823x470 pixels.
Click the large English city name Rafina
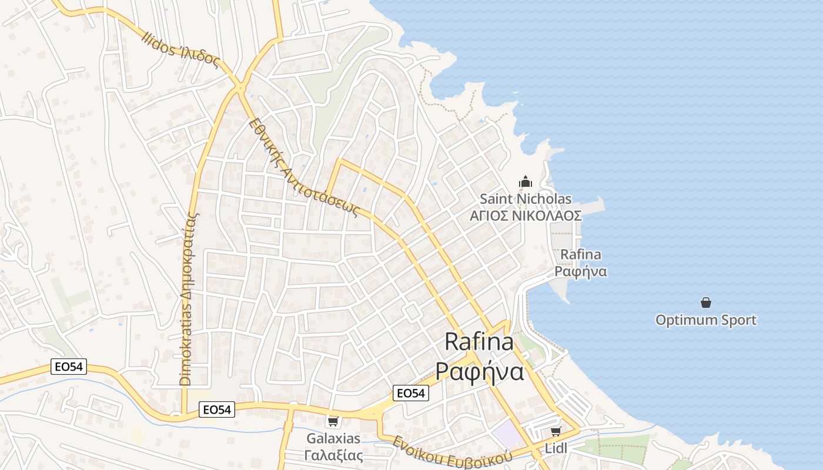[479, 342]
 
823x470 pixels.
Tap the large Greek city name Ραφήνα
[479, 371]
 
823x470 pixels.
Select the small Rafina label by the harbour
[580, 254]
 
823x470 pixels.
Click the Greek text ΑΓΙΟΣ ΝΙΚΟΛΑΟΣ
[526, 216]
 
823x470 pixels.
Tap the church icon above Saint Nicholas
[526, 182]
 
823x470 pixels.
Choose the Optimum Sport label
[705, 320]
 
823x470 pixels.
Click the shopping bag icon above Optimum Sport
[705, 303]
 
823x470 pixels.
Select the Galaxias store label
[333, 439]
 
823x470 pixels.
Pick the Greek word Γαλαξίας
[333, 455]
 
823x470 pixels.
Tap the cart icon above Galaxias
[333, 421]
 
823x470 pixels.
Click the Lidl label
[556, 448]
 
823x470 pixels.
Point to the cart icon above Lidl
[556, 432]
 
